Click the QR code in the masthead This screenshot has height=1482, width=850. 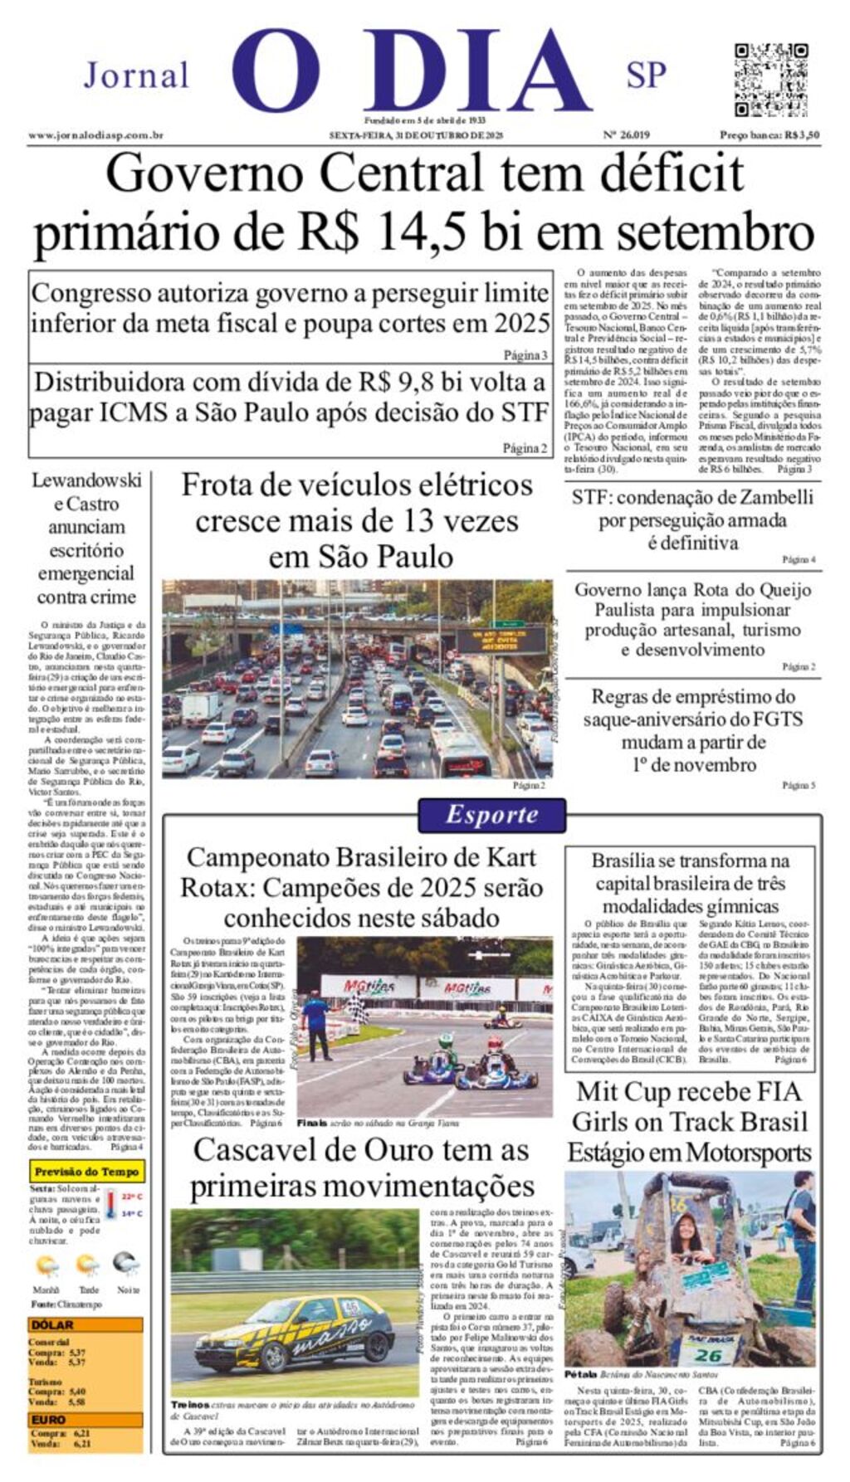[770, 80]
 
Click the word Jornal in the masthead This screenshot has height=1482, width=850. [137, 76]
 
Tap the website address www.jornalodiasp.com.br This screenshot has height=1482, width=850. [95, 135]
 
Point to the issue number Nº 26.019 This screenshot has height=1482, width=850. [626, 135]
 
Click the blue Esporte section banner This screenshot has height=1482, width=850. [491, 815]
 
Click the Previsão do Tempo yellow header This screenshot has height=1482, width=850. [86, 1172]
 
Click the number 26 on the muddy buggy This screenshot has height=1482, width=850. [708, 1355]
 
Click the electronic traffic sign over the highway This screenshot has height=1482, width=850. [495, 640]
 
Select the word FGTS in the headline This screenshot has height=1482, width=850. [776, 719]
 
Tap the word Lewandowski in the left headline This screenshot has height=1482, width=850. [86, 480]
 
